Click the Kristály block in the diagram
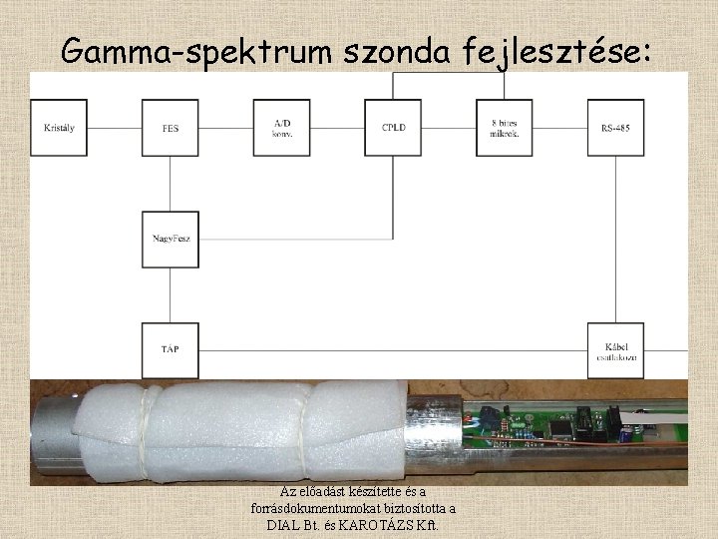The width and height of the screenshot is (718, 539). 59,127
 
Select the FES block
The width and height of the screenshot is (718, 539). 171,127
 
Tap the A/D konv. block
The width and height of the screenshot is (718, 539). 282,127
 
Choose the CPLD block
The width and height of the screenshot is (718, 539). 394,127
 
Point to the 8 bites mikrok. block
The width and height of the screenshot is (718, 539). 505,127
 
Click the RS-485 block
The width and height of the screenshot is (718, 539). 615,127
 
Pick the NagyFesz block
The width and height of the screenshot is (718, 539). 171,239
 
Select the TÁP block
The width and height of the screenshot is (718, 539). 171,350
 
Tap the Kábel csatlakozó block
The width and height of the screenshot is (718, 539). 615,350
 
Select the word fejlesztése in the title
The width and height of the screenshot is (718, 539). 558,50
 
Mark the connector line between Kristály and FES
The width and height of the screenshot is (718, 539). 115,127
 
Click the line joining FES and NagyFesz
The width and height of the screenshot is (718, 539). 171,183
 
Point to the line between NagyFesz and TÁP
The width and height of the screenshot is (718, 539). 171,294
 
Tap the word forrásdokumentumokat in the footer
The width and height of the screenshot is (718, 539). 320,508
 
